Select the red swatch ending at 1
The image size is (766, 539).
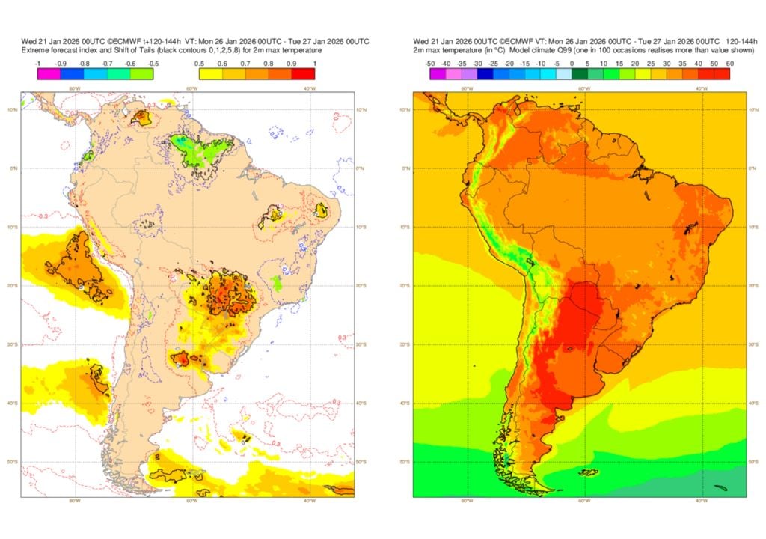(x=304, y=73)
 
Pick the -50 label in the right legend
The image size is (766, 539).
(x=430, y=64)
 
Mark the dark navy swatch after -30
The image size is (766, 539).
(x=485, y=73)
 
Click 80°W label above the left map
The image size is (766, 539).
(x=74, y=88)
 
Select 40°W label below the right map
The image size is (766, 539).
(x=702, y=500)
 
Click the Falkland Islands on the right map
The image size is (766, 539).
(x=589, y=472)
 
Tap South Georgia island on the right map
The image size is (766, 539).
(x=720, y=487)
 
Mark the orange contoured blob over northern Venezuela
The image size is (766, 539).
(x=141, y=118)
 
